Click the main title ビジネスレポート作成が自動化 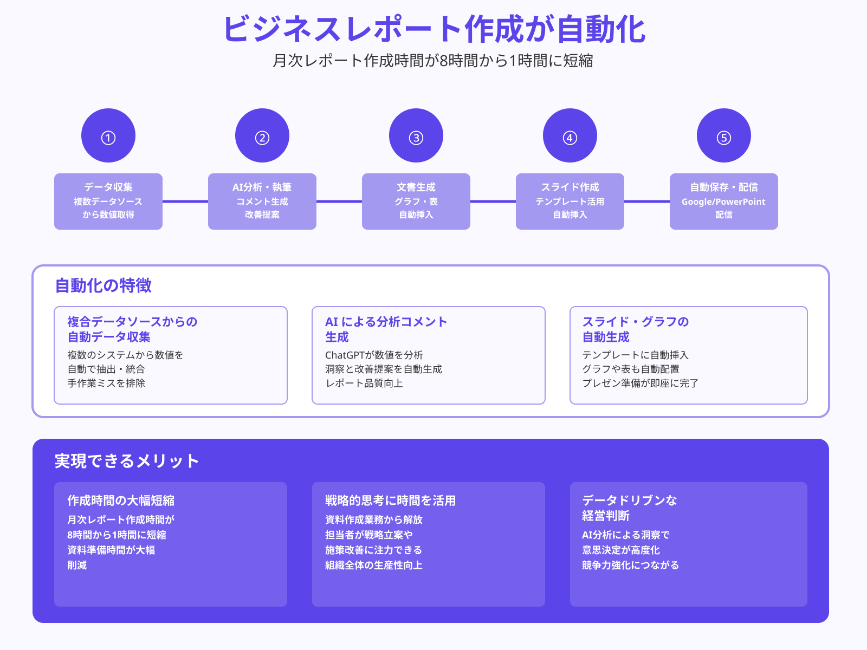[433, 30]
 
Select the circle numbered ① [108, 135]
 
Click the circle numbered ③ [416, 135]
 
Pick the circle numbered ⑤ [724, 135]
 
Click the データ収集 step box [108, 201]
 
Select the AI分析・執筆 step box [262, 201]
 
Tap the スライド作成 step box [570, 201]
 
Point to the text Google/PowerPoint [723, 201]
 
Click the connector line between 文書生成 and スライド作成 [493, 201]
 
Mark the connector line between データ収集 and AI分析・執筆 [185, 201]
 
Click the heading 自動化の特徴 [103, 285]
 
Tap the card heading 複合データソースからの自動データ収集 [132, 329]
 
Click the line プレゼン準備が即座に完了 [640, 383]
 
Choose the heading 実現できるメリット [127, 461]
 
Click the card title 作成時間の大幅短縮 [121, 500]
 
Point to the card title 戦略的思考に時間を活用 [390, 500]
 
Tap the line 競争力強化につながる [630, 565]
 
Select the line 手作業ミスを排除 [106, 383]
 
